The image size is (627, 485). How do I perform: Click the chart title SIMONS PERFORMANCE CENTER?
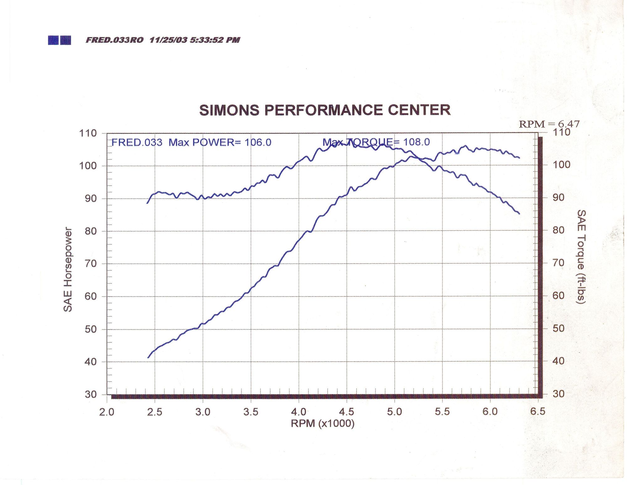point(325,110)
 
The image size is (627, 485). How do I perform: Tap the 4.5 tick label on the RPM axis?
point(346,412)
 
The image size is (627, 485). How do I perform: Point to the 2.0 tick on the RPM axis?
point(107,412)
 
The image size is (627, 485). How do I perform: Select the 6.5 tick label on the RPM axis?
point(538,411)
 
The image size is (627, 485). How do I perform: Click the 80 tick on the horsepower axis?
point(91,231)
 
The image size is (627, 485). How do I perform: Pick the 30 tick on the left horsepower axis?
point(91,394)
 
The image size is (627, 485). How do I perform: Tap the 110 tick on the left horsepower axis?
point(88,133)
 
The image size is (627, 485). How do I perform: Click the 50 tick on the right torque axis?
point(558,328)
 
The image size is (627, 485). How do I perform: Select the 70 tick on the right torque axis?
point(558,263)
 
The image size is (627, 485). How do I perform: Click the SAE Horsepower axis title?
point(68,270)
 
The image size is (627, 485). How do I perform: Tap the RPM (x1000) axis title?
point(323,424)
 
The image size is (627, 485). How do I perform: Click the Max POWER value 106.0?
point(258,143)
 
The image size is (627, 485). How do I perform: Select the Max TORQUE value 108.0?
point(416,142)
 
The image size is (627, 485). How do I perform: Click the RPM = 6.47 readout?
point(549,124)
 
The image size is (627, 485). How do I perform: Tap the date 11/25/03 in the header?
point(168,40)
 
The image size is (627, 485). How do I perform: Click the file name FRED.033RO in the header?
point(114,40)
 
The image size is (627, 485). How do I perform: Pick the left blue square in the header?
point(53,40)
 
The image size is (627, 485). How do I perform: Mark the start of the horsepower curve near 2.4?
point(148,357)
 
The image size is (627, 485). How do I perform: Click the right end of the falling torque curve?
point(519,214)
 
